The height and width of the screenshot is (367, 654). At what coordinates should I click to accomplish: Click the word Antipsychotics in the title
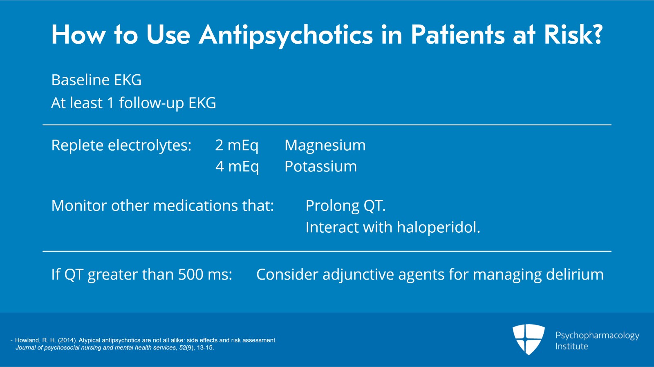pyautogui.click(x=286, y=35)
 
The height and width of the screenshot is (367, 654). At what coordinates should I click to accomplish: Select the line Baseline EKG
pyautogui.click(x=96, y=80)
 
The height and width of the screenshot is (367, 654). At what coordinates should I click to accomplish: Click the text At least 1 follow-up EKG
pyautogui.click(x=134, y=103)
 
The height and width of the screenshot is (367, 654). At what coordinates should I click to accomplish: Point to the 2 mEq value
pyautogui.click(x=237, y=145)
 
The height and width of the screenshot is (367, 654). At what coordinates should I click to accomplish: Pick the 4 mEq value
pyautogui.click(x=237, y=167)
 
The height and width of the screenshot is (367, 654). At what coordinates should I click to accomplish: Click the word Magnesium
pyautogui.click(x=325, y=145)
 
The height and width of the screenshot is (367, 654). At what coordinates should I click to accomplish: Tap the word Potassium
pyautogui.click(x=320, y=167)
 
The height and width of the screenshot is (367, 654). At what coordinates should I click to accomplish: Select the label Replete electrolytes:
pyautogui.click(x=121, y=145)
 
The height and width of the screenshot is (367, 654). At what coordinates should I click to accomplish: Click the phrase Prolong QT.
pyautogui.click(x=345, y=206)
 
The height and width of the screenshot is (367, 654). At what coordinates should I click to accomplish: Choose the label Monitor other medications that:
pyautogui.click(x=163, y=206)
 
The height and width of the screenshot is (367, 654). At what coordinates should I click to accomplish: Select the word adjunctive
pyautogui.click(x=358, y=275)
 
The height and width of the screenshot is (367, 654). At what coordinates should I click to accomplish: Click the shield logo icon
pyautogui.click(x=529, y=339)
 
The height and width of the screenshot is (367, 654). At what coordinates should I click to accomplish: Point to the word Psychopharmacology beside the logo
pyautogui.click(x=597, y=336)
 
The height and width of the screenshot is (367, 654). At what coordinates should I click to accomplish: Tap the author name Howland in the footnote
pyautogui.click(x=27, y=340)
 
